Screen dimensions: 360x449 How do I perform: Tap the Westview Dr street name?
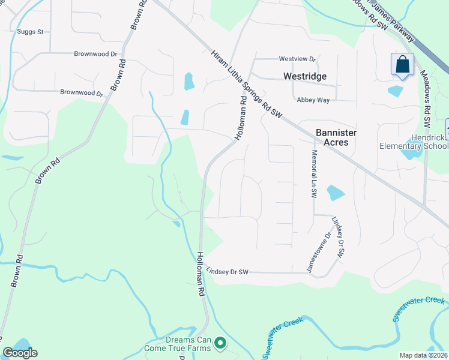[297, 59]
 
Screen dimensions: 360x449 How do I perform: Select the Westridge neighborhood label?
[305, 76]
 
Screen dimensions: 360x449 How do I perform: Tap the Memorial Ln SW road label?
[313, 175]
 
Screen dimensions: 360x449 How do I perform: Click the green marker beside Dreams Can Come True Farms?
[221, 343]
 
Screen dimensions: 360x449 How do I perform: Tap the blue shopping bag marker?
[402, 65]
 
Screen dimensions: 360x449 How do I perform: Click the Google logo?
[20, 353]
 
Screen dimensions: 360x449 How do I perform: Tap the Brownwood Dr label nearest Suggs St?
[95, 54]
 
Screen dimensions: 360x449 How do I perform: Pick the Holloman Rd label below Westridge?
[241, 119]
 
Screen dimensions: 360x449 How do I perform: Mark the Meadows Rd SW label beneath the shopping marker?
[426, 100]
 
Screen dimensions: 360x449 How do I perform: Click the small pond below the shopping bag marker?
[396, 91]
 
